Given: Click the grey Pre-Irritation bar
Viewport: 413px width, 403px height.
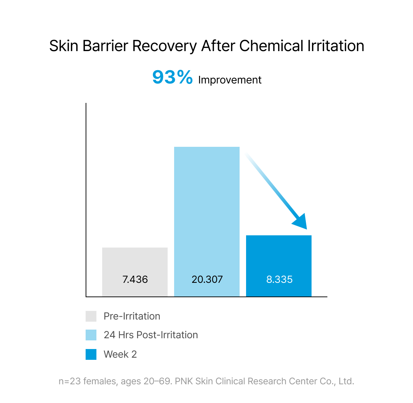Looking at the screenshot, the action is (135, 272).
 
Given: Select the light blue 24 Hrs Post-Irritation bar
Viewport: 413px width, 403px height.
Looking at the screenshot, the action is (207, 222).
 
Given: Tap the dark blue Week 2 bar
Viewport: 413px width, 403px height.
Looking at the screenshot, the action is (279, 266).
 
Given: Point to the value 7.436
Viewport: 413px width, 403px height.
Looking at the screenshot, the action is (135, 280).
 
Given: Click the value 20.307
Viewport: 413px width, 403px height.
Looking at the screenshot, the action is (207, 280).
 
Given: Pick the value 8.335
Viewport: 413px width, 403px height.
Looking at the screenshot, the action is (279, 280).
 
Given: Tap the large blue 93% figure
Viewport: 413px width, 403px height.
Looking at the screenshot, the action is (173, 77).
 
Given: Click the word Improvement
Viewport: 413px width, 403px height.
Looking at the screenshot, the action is (230, 80).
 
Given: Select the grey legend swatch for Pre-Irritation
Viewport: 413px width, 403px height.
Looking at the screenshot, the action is (91, 316).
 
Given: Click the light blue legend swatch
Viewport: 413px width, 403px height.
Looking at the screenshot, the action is (91, 335).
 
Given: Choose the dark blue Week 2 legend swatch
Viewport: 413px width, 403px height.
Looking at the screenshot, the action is (91, 354).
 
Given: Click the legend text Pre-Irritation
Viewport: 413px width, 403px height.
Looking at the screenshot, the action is (132, 316).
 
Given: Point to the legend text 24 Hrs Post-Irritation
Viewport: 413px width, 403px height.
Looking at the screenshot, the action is (151, 335).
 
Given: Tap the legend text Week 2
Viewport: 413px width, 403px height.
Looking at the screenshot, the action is (120, 354).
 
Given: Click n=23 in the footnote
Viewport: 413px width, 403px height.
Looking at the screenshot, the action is (69, 381).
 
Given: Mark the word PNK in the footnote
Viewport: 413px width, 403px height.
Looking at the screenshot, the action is (184, 381).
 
